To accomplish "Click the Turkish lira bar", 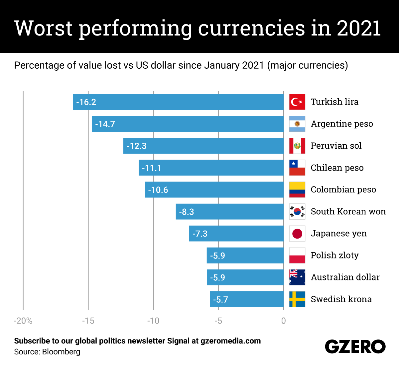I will tap(178, 102).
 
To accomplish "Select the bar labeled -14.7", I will tap(188, 124).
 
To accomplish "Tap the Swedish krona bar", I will tap(247, 299).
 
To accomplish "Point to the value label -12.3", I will tap(137, 146).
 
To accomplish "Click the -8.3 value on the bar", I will tap(187, 212).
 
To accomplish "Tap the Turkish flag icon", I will tap(297, 102).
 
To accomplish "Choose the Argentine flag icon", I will tap(297, 124).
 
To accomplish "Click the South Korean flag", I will tap(297, 212).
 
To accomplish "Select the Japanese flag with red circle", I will tap(297, 234).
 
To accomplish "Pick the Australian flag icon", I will tap(297, 277).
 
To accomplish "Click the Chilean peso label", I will tap(337, 168).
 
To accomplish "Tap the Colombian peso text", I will tap(343, 189).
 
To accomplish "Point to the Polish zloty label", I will tap(334, 255).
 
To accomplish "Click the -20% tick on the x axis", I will tap(23, 321).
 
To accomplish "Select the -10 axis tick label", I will tap(153, 321).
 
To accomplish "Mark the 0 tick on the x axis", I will tap(283, 321).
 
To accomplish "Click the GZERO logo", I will tap(355, 347).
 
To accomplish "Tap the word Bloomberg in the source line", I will tap(61, 352).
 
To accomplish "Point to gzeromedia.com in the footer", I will tap(231, 341).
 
